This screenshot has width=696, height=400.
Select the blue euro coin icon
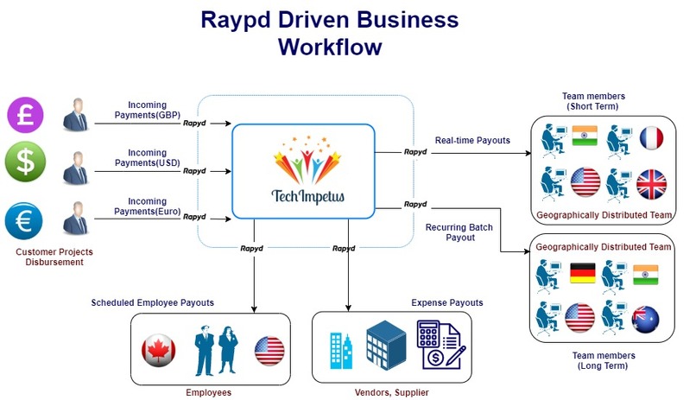pyautogui.click(x=24, y=220)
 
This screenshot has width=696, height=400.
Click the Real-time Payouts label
pyautogui.click(x=471, y=140)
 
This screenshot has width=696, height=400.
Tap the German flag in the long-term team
pyautogui.click(x=583, y=276)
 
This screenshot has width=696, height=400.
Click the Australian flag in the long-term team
pyautogui.click(x=646, y=319)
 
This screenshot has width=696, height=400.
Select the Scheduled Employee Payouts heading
pyautogui.click(x=152, y=303)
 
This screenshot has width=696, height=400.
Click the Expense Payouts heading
pyautogui.click(x=446, y=303)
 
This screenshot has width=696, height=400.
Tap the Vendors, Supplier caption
pyautogui.click(x=391, y=392)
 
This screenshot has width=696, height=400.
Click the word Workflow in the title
pyautogui.click(x=330, y=47)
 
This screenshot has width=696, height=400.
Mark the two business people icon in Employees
pyautogui.click(x=215, y=348)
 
